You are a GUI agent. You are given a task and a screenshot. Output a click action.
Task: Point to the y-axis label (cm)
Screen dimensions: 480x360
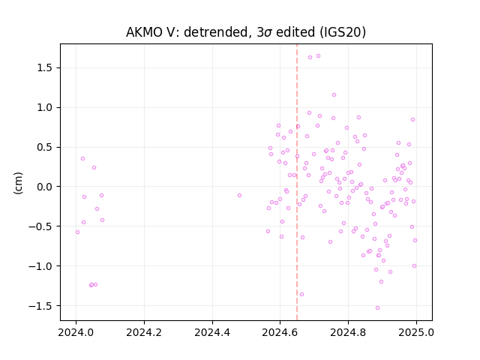click(x=18, y=183)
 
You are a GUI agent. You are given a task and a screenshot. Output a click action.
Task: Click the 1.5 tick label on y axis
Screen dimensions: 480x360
click(x=45, y=67)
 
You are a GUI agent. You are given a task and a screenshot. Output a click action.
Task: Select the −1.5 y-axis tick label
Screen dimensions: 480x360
click(x=40, y=305)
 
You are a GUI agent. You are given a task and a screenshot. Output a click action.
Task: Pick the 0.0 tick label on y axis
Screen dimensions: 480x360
click(x=45, y=187)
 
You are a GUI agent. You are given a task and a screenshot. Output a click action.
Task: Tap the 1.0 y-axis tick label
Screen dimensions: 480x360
click(x=45, y=107)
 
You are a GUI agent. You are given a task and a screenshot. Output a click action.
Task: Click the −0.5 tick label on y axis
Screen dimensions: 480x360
click(x=40, y=226)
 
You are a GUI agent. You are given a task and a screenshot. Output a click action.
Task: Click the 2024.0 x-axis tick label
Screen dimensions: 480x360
click(x=76, y=332)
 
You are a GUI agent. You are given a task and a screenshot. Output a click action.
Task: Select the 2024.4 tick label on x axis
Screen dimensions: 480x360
click(x=212, y=332)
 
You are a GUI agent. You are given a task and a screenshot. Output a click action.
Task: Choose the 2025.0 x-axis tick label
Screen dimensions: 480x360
click(x=416, y=332)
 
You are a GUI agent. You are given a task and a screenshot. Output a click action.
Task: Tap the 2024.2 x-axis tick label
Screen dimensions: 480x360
click(x=144, y=332)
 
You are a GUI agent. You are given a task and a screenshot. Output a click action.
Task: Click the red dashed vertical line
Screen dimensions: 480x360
click(x=297, y=182)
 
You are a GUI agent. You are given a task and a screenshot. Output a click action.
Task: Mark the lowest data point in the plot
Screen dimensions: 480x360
click(x=377, y=307)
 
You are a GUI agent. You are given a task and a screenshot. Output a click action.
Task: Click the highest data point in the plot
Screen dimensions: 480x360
click(x=318, y=55)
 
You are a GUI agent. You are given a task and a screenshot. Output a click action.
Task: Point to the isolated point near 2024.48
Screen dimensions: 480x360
click(x=240, y=195)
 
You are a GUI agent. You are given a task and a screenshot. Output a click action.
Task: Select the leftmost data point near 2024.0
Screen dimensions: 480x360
click(x=77, y=232)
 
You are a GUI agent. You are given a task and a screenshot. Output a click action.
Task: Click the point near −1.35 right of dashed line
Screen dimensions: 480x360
click(x=301, y=294)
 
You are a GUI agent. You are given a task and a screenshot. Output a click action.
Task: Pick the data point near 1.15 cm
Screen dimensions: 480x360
click(x=334, y=95)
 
